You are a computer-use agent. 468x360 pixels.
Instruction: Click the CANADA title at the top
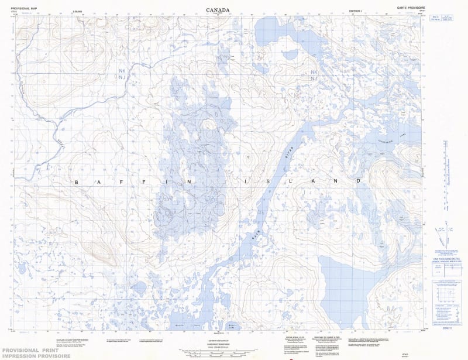[218, 9]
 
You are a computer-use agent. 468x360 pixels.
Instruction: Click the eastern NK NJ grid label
[315, 75]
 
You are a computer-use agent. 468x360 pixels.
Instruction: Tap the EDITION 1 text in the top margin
[355, 11]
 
